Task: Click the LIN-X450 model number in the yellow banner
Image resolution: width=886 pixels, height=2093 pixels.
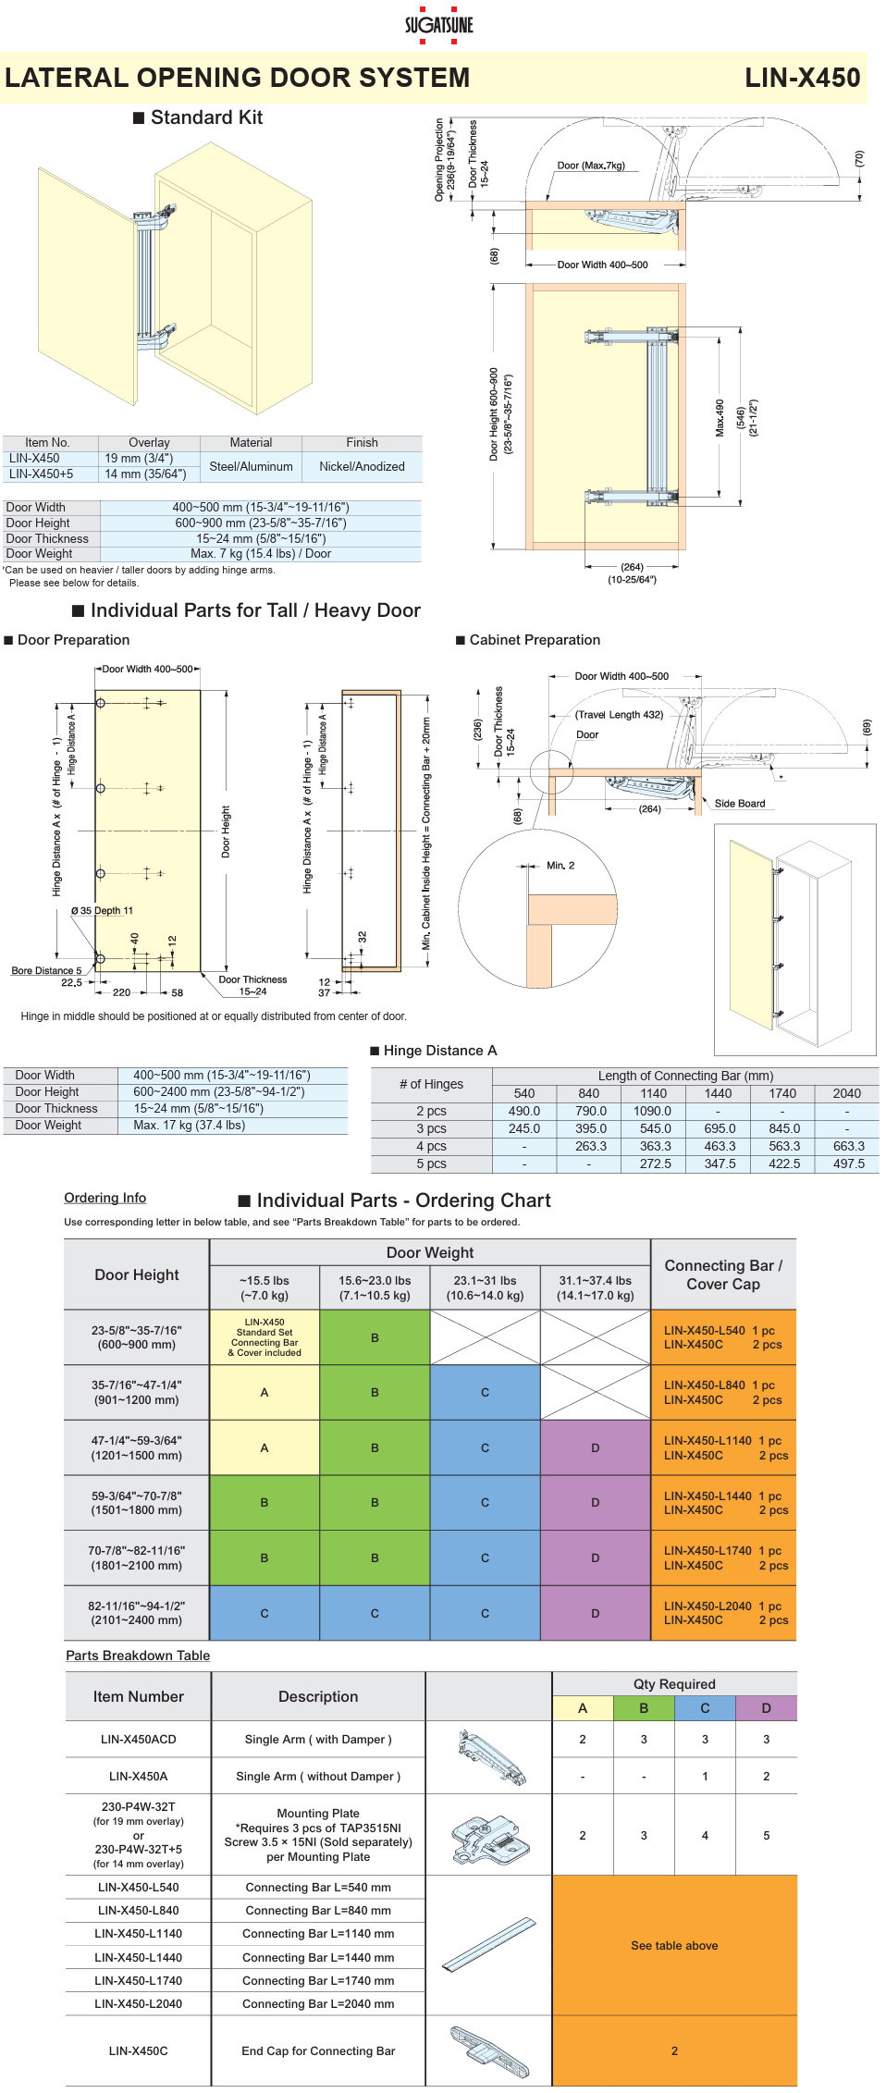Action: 802,78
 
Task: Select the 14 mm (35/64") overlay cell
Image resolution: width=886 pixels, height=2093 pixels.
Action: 145,474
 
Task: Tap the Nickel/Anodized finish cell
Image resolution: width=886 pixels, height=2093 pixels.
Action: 362,466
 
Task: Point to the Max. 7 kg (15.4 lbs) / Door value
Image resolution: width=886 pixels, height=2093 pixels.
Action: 261,553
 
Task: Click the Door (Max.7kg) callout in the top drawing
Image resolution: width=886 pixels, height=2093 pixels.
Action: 591,166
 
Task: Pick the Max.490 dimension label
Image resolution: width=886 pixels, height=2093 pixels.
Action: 720,418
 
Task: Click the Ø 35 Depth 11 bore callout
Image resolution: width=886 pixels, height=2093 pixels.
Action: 102,910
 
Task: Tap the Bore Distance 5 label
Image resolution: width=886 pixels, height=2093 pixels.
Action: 46,970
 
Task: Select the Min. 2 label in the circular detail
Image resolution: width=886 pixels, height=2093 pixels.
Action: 560,866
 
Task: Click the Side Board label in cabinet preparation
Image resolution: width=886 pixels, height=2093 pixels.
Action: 740,803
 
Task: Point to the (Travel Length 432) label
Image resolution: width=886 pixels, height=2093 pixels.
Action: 619,714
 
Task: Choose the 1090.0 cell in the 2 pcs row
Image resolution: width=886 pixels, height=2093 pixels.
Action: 653,1111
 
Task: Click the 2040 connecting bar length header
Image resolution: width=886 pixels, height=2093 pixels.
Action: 846,1093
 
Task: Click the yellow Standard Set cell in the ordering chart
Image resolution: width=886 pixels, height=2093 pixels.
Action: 265,1337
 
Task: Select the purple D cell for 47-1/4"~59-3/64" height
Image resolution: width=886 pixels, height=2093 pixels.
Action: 595,1447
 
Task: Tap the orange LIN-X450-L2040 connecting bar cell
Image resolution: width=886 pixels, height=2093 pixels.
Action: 723,1613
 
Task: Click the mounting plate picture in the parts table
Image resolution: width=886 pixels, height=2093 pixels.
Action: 489,1835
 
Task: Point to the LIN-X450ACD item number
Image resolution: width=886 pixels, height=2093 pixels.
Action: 138,1739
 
